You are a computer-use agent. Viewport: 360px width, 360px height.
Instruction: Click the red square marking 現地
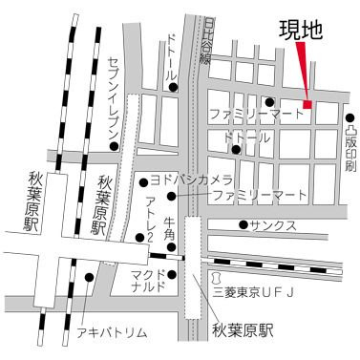coord(307,104)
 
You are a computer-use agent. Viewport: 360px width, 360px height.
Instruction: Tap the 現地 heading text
coord(301,30)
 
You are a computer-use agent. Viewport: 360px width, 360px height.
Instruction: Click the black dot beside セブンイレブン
coord(114,146)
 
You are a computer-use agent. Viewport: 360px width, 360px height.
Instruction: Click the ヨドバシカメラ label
coord(191,179)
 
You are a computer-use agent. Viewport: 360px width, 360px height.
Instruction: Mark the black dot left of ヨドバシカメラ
coord(143,180)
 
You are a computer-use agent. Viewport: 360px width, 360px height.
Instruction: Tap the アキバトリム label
coord(113,332)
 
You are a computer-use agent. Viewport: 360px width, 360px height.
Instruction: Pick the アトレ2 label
coord(150,219)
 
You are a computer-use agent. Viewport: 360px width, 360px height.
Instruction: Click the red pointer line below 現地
coord(303,71)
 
